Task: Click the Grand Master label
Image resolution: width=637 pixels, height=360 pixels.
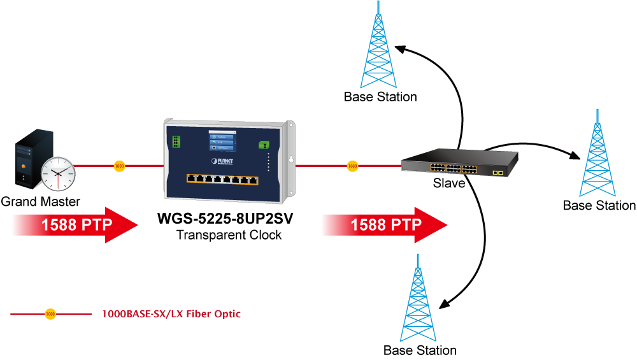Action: [x=40, y=202]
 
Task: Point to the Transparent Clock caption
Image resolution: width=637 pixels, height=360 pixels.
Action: [x=229, y=235]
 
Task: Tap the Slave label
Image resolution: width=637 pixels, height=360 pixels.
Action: [x=448, y=184]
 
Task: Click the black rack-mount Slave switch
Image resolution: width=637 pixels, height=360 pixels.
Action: [x=459, y=164]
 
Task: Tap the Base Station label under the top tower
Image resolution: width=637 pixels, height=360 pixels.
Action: [x=380, y=97]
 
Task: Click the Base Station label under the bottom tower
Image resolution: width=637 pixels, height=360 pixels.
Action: [x=420, y=350]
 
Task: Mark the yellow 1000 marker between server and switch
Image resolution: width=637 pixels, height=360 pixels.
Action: [x=119, y=166]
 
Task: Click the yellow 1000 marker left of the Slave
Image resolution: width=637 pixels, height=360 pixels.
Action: [x=352, y=166]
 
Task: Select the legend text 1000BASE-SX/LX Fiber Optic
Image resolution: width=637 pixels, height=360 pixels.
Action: [x=171, y=314]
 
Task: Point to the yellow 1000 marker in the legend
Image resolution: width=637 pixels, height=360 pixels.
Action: [x=50, y=314]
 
